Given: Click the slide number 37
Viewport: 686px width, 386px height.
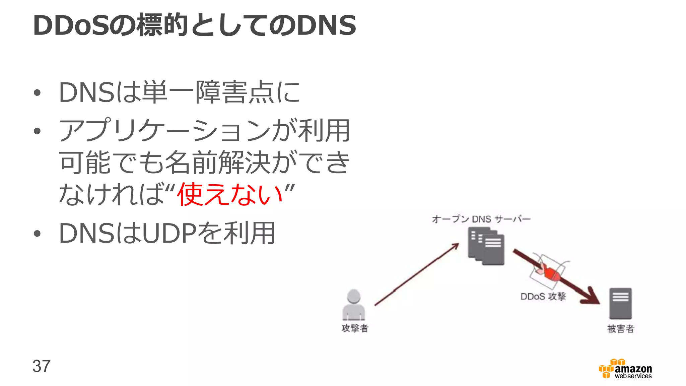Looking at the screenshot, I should (42, 366).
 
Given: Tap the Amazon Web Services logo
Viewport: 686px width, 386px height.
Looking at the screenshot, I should (625, 369).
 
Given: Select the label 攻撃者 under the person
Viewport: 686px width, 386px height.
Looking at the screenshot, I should (355, 328).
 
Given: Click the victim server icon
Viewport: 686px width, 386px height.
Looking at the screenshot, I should (620, 303).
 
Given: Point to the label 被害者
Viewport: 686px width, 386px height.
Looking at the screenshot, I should (621, 329).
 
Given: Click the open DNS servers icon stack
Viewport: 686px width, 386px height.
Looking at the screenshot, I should (486, 246).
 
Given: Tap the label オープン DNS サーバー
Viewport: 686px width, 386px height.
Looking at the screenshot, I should (481, 219).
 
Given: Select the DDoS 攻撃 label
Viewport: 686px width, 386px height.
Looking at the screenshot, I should (543, 297).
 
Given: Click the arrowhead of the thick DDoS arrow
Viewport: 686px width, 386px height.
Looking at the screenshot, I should (592, 297).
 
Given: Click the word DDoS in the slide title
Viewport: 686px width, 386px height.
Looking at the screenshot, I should (71, 25).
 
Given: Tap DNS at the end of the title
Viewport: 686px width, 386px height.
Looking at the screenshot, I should (327, 25).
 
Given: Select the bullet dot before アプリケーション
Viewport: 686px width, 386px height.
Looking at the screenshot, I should (37, 131).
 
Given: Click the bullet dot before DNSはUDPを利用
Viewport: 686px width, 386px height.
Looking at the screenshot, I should (37, 234).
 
